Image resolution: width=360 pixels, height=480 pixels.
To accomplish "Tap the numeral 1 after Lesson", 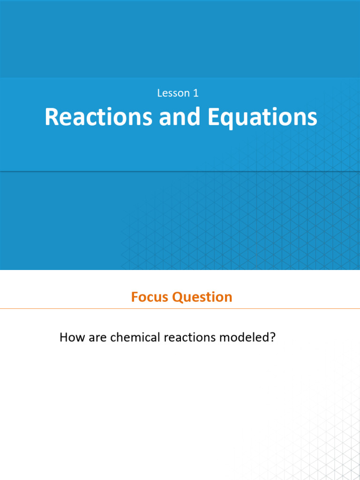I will [195, 93].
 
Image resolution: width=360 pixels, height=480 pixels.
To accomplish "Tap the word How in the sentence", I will [71, 337].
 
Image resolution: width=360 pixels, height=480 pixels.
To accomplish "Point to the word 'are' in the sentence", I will [96, 337].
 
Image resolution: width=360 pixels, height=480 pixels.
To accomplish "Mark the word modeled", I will [246, 337].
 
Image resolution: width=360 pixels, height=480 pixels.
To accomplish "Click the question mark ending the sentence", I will [271, 337].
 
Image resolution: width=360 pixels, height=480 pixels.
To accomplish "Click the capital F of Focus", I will [135, 297].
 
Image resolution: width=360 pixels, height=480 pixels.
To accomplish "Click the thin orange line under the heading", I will [180, 309].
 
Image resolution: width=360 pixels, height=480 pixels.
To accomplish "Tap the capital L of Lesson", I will [159, 93].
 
